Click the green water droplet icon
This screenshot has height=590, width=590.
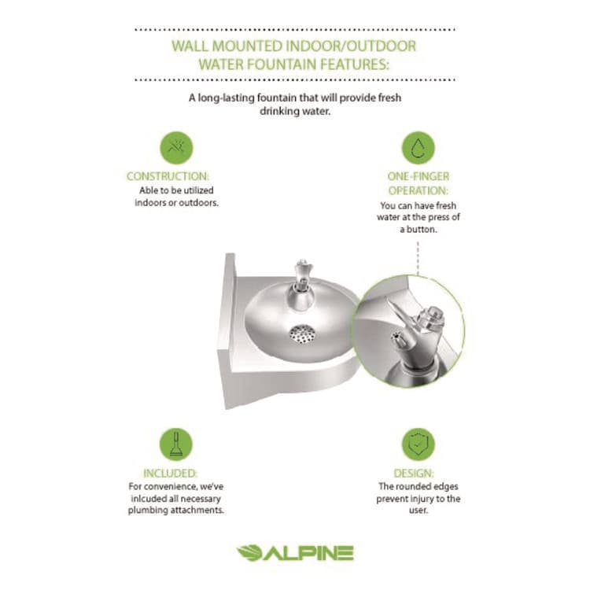point(419,148)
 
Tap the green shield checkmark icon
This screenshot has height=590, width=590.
point(419,444)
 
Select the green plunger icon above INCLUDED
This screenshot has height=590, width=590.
point(176,444)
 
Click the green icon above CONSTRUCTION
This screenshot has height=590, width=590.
point(176,148)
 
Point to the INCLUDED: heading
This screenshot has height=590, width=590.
point(170,474)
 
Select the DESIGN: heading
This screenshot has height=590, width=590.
point(418,474)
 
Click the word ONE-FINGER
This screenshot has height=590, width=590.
point(419,177)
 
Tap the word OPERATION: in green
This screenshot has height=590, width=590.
point(419,190)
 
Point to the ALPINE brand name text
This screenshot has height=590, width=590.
point(308,553)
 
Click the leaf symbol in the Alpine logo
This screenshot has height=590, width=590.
point(249,553)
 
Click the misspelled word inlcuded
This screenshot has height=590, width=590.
point(156,499)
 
